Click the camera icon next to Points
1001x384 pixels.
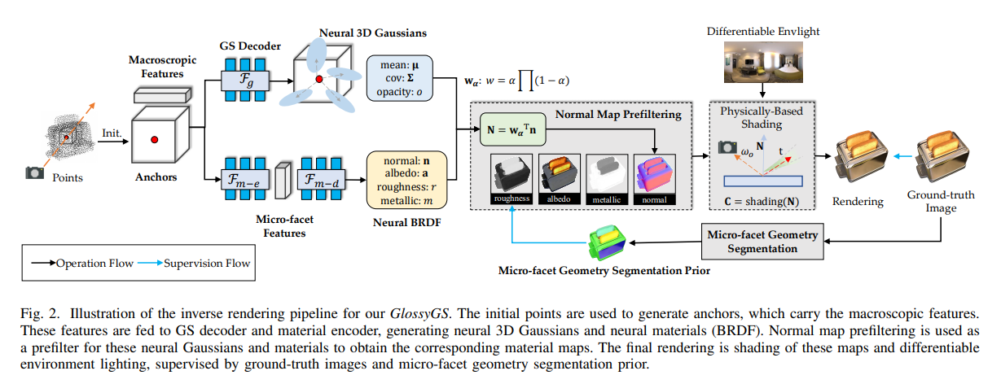click(33, 172)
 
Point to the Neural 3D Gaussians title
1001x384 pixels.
click(356, 32)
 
